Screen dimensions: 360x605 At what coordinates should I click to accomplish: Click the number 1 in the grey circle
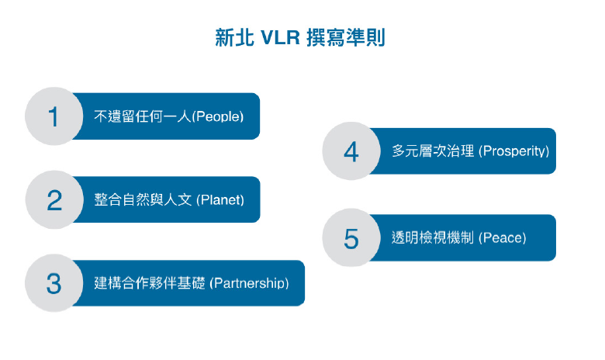coord(53,117)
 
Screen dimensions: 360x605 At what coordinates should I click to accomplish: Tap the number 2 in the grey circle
coord(54,200)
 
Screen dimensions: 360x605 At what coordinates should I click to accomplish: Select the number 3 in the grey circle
coord(54,283)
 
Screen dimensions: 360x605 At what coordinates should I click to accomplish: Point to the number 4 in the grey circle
coord(351,151)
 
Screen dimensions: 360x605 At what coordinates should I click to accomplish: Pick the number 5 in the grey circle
coord(351,238)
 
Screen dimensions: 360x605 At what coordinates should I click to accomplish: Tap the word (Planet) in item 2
coord(220,200)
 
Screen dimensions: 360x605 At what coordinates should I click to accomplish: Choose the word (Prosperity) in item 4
coord(514,151)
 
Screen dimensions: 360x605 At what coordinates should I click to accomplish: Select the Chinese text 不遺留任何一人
coord(142,117)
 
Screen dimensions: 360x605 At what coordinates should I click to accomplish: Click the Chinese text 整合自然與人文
coord(143,200)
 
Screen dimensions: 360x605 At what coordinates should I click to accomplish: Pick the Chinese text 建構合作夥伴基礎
coord(149,283)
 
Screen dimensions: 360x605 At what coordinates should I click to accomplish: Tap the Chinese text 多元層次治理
coord(433,151)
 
